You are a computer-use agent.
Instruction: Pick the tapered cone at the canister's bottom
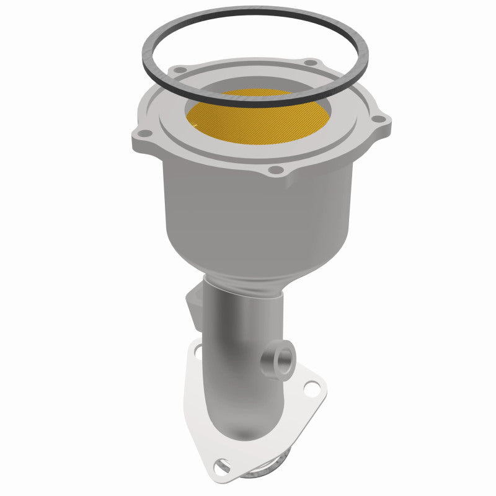pos(248,260)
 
